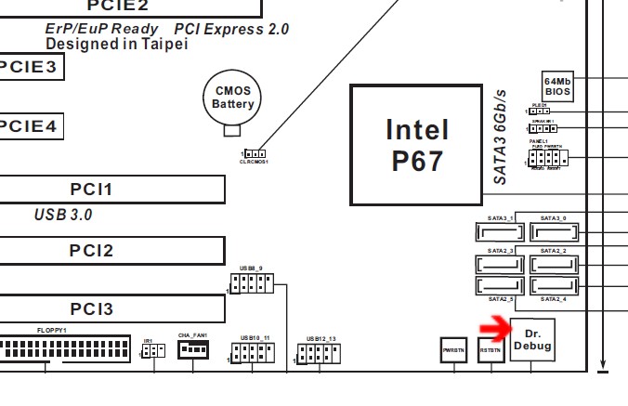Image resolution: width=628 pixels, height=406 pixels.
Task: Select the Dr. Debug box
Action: [x=533, y=340]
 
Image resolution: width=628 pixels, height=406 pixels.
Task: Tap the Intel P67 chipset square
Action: [x=416, y=144]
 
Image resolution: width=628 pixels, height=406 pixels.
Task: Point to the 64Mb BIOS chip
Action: [x=558, y=87]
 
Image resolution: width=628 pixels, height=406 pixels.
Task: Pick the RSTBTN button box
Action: [x=491, y=349]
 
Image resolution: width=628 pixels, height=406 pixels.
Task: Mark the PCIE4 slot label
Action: [x=28, y=125]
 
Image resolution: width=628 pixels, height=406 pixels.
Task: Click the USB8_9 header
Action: [x=250, y=283]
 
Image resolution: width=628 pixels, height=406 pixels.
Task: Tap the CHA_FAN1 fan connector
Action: [x=192, y=349]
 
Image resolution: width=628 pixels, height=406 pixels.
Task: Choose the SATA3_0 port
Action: [x=554, y=230]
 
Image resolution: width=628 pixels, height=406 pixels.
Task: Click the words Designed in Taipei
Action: [x=116, y=44]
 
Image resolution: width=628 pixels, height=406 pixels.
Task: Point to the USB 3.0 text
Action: [x=63, y=216]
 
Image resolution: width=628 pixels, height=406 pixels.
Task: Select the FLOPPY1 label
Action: [x=52, y=330]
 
